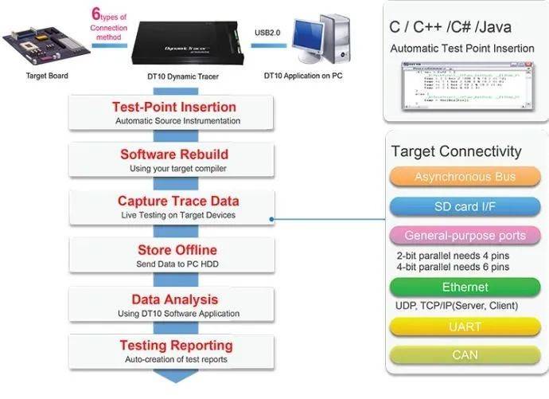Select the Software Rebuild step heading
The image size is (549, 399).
[174, 154]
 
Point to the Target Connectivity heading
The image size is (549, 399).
[456, 151]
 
